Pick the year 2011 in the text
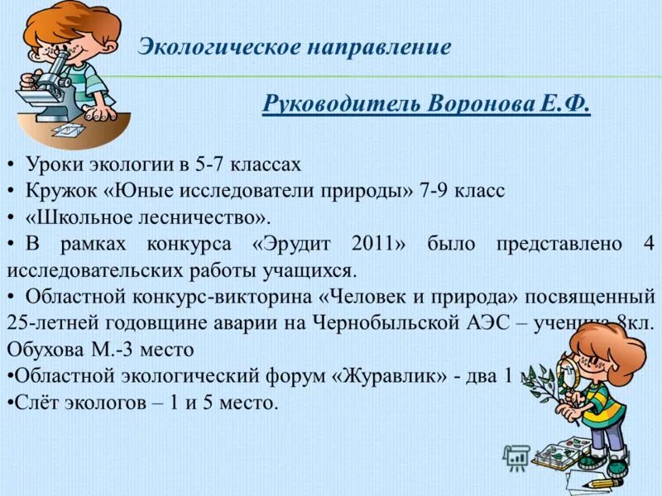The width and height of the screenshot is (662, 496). coord(377,244)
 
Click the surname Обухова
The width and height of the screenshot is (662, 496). coord(42,350)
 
